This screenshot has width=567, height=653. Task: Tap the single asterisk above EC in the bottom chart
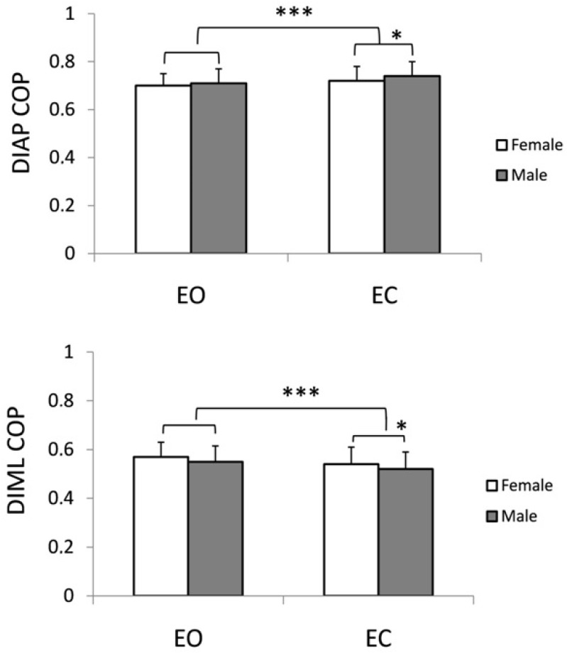[x=401, y=427]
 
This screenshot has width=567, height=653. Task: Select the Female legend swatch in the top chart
[x=500, y=146]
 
